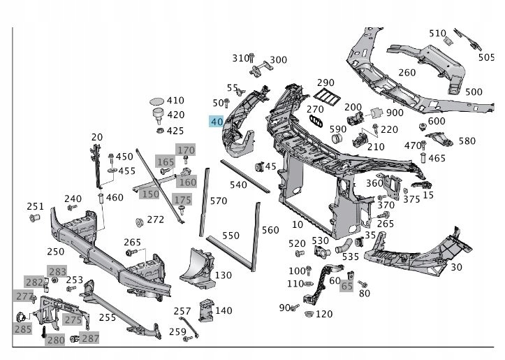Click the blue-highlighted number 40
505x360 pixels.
(217, 122)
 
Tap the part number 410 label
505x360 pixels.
(175, 101)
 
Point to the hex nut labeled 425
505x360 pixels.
(159, 130)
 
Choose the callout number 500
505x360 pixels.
(474, 92)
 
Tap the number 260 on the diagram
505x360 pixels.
(407, 73)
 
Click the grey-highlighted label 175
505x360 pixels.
(182, 200)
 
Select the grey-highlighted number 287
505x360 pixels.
(90, 338)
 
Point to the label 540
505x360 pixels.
(238, 185)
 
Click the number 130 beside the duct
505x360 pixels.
(223, 275)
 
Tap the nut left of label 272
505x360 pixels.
(138, 222)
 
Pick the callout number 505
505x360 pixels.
(487, 57)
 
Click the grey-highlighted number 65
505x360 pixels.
(347, 285)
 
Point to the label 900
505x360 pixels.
(395, 113)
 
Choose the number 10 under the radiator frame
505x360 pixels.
(298, 224)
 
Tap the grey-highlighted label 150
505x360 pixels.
(150, 194)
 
